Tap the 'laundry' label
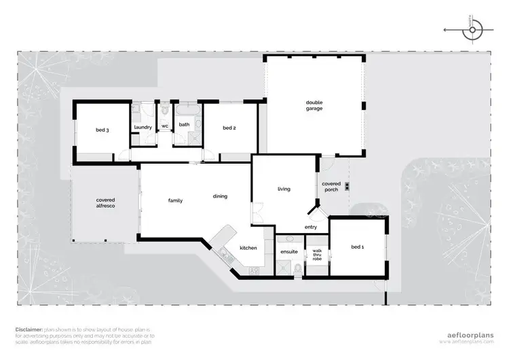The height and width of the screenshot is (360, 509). click(x=143, y=127)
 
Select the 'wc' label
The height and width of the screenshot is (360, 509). click(x=164, y=126)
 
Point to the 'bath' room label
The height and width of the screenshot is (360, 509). click(x=184, y=124)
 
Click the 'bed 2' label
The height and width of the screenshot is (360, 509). click(x=229, y=128)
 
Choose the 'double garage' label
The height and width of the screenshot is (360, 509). click(x=314, y=105)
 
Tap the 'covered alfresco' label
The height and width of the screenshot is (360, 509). click(x=105, y=202)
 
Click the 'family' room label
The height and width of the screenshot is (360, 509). click(x=176, y=200)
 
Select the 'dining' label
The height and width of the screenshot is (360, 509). click(x=220, y=196)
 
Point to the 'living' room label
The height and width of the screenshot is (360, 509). click(x=284, y=189)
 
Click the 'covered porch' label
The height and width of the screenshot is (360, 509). click(x=331, y=186)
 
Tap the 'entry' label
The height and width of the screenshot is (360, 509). click(x=311, y=227)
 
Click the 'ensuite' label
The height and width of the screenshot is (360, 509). click(x=289, y=251)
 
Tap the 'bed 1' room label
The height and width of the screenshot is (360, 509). click(x=358, y=247)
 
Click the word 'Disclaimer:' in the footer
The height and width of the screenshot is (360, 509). click(x=29, y=329)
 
